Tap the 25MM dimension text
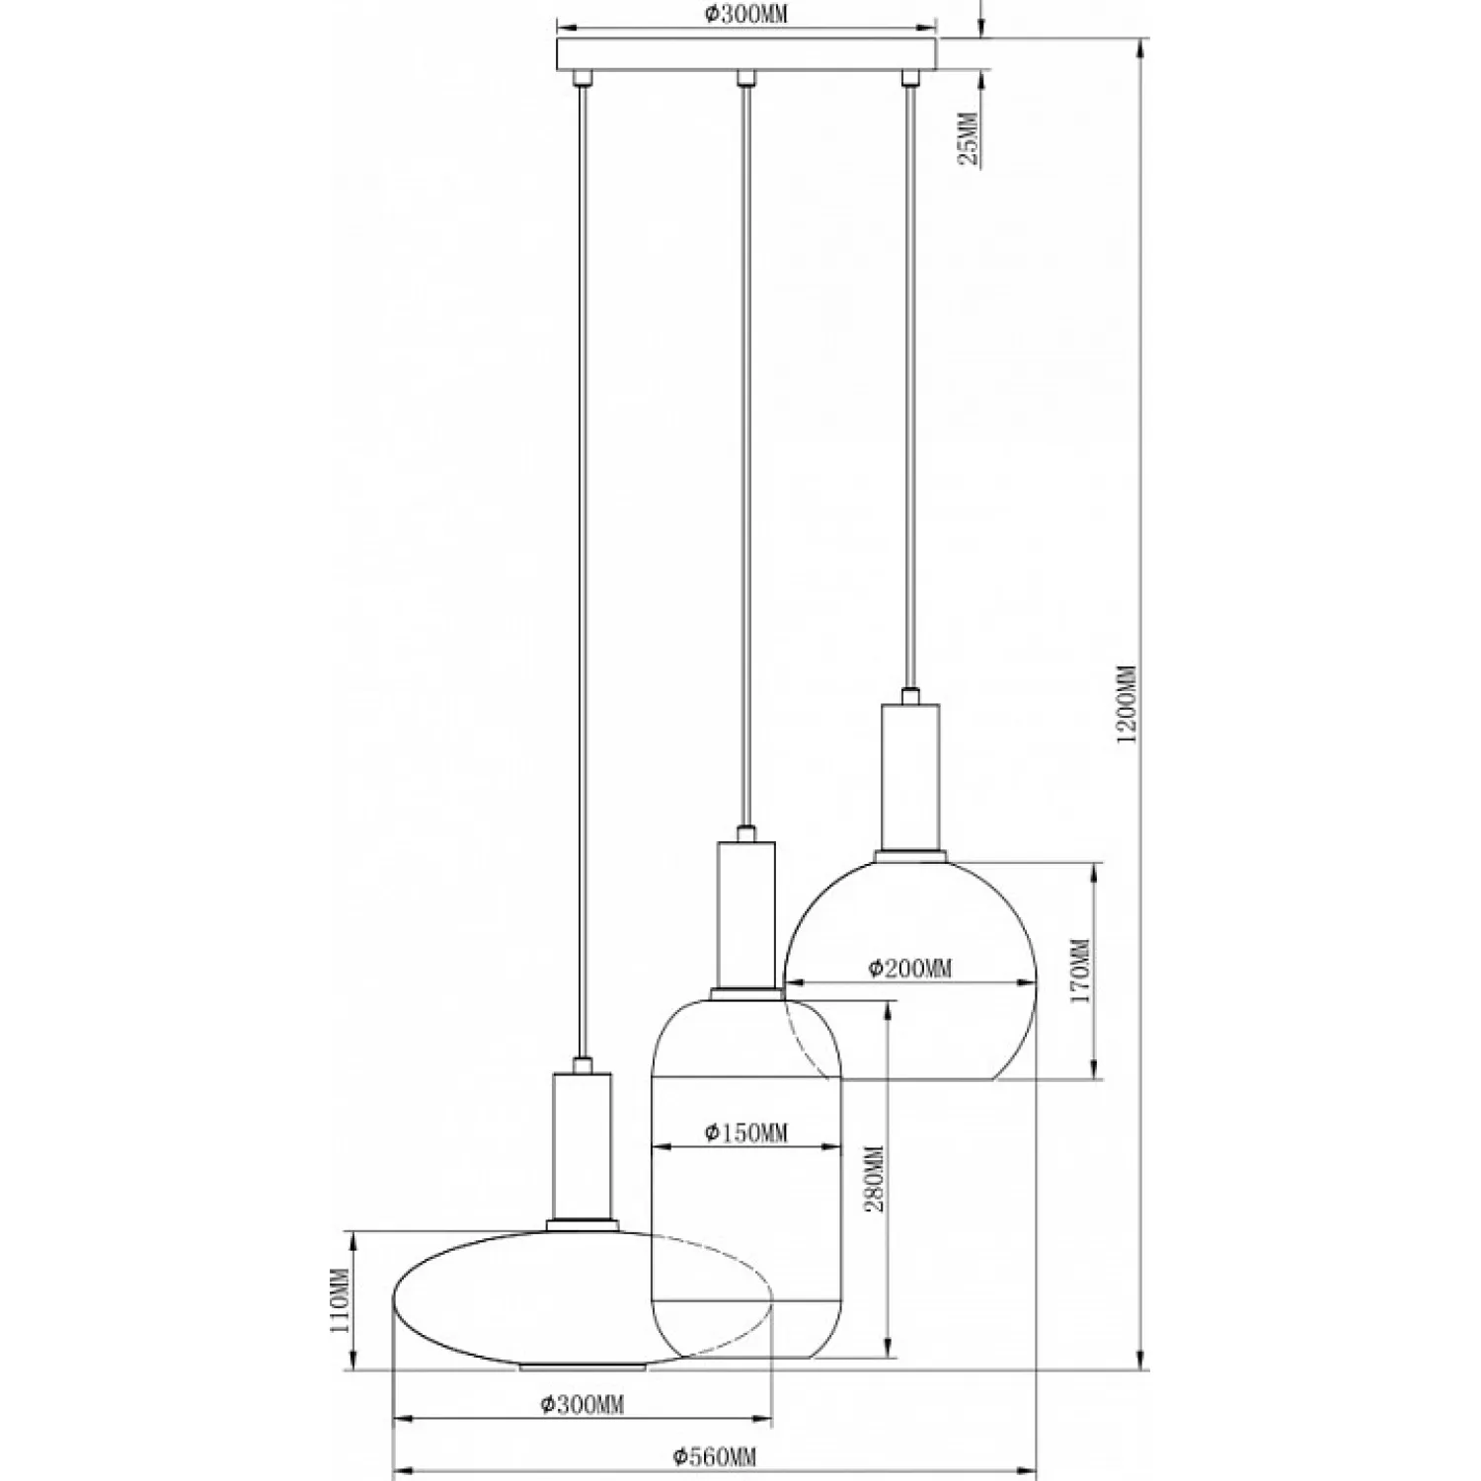click(969, 139)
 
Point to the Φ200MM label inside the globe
click(910, 968)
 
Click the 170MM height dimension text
click(1080, 971)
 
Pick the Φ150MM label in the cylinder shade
click(746, 1132)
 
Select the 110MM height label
click(342, 1301)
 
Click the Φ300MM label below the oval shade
click(583, 1404)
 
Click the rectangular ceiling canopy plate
click(746, 53)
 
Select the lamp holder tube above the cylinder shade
click(746, 914)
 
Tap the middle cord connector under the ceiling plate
click(746, 77)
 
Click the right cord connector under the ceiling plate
click(910, 77)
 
